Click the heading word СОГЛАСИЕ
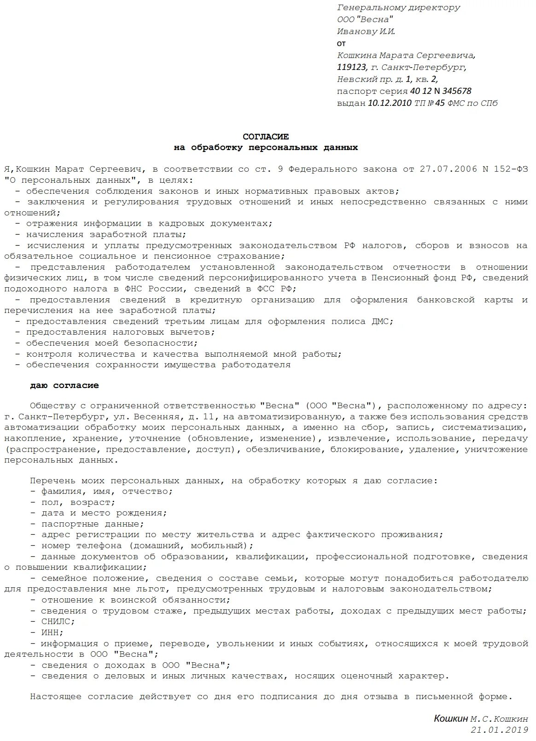(x=266, y=137)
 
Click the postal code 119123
(x=352, y=68)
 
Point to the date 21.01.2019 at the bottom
(x=499, y=729)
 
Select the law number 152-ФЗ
(x=510, y=169)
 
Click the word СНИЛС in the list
(x=58, y=622)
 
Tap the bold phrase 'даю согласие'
(x=64, y=385)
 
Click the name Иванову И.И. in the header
(x=366, y=31)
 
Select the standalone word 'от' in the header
(x=341, y=43)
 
